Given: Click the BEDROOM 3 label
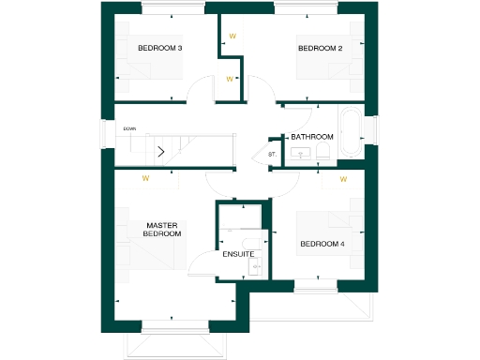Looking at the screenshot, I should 159,48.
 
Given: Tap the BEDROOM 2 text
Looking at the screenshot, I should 320,48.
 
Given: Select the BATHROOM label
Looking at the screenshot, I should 312,137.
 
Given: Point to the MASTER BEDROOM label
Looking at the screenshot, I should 163,230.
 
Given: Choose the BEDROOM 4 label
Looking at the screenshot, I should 322,245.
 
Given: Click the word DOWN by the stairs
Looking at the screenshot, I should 130,128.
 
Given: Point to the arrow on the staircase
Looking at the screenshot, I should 161,150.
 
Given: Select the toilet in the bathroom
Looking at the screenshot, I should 322,152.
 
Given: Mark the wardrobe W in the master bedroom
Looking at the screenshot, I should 145,177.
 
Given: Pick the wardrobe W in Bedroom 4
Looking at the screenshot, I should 343,178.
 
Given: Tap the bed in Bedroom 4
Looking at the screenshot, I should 328,225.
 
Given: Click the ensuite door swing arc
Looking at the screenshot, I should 202,264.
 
